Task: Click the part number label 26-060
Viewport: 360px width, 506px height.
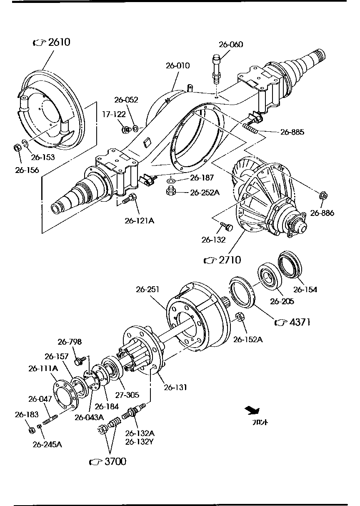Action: (x=231, y=45)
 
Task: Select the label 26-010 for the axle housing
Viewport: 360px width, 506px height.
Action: (x=177, y=65)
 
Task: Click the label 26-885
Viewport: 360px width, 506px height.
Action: (x=292, y=132)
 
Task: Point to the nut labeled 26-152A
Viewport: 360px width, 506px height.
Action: (x=240, y=318)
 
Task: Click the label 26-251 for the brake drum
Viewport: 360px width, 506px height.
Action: (x=148, y=289)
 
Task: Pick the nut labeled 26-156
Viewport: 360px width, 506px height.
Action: (x=18, y=148)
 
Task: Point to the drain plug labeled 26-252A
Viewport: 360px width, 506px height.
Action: (x=170, y=191)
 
